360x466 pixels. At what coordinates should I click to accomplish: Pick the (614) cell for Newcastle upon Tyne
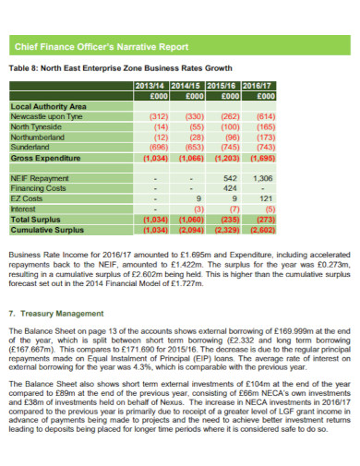tap(262, 116)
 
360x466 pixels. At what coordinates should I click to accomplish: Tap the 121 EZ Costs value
tap(266, 197)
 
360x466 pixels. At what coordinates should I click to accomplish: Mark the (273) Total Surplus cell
tap(262, 220)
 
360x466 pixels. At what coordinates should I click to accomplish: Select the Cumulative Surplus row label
tap(46, 230)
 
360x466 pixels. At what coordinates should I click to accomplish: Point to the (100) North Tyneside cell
tap(227, 126)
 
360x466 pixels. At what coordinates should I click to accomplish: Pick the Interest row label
tap(23, 209)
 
